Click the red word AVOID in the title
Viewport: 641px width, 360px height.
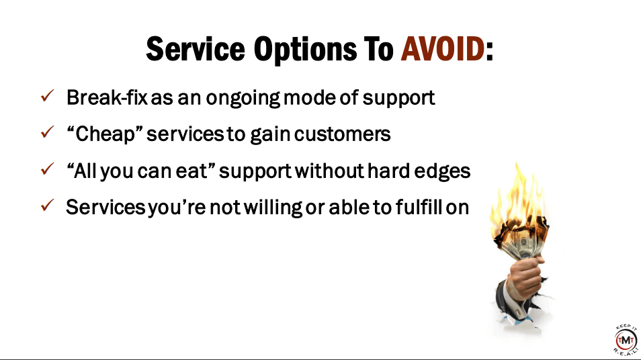[x=443, y=49]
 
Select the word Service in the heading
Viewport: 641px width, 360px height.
[x=196, y=49]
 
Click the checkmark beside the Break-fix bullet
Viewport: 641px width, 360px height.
[x=48, y=95]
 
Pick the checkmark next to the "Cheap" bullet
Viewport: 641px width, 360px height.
[x=48, y=132]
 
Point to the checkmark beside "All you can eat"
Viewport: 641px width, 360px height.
[x=48, y=169]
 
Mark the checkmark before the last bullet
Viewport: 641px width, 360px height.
[x=48, y=205]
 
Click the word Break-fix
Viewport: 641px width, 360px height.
[x=107, y=97]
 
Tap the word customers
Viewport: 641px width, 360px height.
[x=342, y=134]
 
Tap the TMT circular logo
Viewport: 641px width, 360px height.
[x=626, y=340]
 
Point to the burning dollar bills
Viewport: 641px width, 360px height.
[x=521, y=239]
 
